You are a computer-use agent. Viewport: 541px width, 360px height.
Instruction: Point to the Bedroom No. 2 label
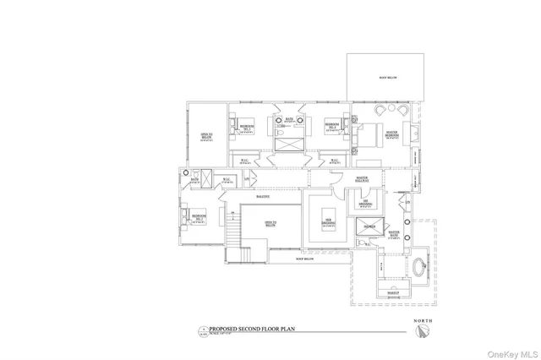click(199, 217)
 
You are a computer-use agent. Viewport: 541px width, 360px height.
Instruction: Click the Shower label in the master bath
click(369, 227)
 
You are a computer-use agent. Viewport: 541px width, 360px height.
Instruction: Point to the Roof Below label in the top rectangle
click(385, 77)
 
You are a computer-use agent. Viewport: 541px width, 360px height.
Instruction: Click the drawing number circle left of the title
click(203, 330)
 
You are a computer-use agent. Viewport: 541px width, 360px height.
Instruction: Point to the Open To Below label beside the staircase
click(270, 224)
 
